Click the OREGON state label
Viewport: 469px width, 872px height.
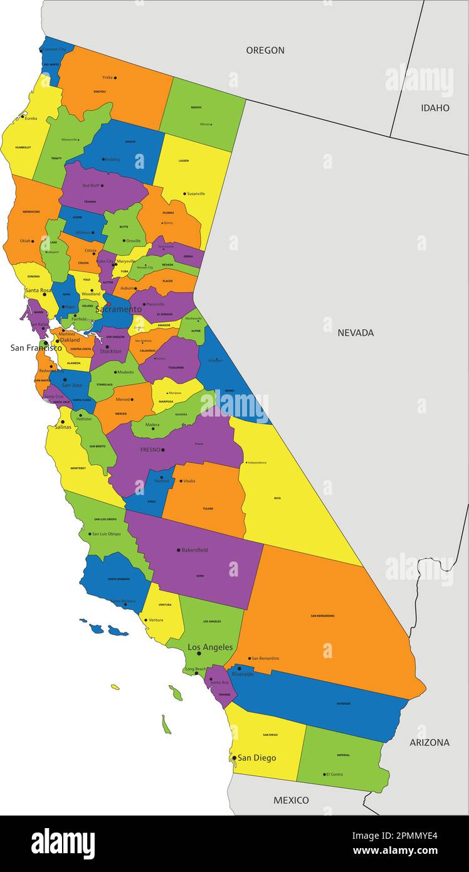(265, 50)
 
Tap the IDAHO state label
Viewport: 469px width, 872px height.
(435, 108)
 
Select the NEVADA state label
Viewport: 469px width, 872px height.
(356, 332)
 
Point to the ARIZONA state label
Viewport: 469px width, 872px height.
(429, 742)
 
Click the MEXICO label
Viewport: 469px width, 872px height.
(291, 800)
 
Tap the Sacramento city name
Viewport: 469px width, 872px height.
(119, 309)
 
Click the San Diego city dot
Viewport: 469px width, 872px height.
(234, 758)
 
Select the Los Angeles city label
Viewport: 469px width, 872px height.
(210, 647)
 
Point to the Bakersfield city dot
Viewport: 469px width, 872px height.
(179, 550)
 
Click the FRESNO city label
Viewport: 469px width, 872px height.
(150, 450)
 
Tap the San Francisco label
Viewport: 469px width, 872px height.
(36, 348)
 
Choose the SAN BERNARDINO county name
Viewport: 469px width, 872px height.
(322, 615)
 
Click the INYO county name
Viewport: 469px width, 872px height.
(277, 498)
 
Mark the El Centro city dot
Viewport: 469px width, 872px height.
(324, 774)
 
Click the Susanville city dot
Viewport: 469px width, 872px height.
(184, 194)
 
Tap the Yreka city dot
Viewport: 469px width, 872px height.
(115, 78)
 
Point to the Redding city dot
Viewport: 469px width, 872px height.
(103, 159)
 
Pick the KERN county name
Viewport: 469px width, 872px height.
(200, 575)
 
